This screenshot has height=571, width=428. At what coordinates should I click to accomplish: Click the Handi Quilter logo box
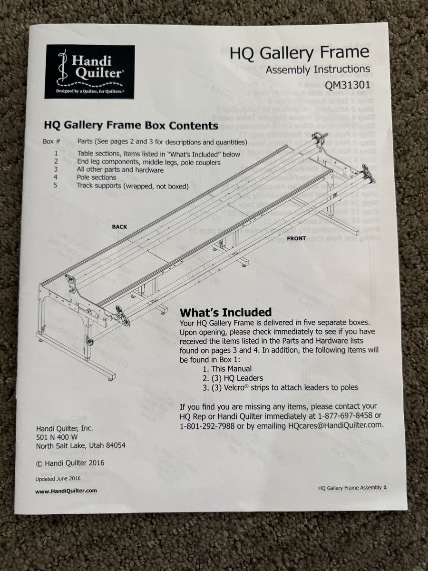pyautogui.click(x=90, y=72)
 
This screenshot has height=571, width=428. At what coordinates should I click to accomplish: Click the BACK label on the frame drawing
pyautogui.click(x=119, y=227)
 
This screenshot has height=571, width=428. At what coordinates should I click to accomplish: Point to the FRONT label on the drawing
pyautogui.click(x=296, y=238)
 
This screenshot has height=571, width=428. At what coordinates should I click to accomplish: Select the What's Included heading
pyautogui.click(x=226, y=312)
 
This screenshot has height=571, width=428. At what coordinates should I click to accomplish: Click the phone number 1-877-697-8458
pyautogui.click(x=345, y=415)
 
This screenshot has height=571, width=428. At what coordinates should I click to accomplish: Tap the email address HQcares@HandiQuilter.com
pyautogui.click(x=336, y=425)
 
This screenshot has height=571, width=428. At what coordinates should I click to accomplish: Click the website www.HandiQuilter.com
pyautogui.click(x=66, y=491)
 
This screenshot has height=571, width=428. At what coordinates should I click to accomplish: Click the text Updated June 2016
pyautogui.click(x=58, y=479)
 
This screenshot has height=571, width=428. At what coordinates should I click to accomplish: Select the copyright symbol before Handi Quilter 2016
pyautogui.click(x=39, y=463)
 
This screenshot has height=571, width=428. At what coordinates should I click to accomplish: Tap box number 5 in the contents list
pyautogui.click(x=56, y=185)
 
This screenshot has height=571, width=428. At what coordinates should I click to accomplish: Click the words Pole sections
pyautogui.click(x=97, y=177)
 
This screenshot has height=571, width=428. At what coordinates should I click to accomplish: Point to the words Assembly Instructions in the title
pyautogui.click(x=318, y=70)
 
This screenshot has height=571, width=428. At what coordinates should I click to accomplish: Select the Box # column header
pyautogui.click(x=51, y=142)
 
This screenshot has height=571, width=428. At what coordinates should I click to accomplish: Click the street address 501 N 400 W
pyautogui.click(x=57, y=437)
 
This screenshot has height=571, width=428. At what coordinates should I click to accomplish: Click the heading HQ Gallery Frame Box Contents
pyautogui.click(x=131, y=126)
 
